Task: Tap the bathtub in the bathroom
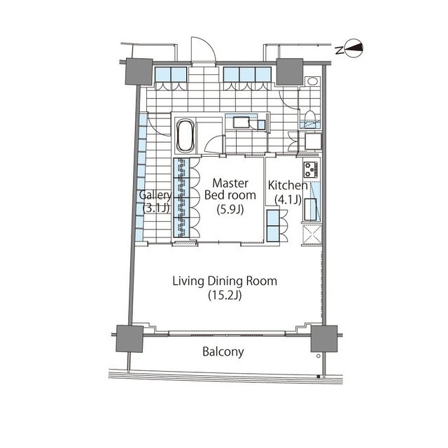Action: pyautogui.click(x=185, y=135)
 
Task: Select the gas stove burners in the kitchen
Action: pyautogui.click(x=311, y=169)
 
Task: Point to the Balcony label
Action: pyautogui.click(x=223, y=351)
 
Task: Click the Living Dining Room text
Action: pyautogui.click(x=225, y=281)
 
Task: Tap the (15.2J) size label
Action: pyautogui.click(x=225, y=295)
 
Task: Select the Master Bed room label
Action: pyautogui.click(x=230, y=189)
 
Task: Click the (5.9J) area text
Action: pyautogui.click(x=230, y=209)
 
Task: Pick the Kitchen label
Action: pyautogui.click(x=288, y=185)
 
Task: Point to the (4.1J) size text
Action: pyautogui.click(x=288, y=199)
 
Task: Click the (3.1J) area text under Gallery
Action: pyautogui.click(x=156, y=208)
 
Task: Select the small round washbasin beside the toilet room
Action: pyautogui.click(x=313, y=81)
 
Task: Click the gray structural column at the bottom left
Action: pyautogui.click(x=129, y=339)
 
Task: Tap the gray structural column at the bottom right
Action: pyautogui.click(x=324, y=339)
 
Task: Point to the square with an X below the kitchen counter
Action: pyautogui.click(x=311, y=235)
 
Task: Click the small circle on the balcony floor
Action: pyautogui.click(x=318, y=356)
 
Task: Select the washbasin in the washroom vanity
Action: pyautogui.click(x=241, y=123)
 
